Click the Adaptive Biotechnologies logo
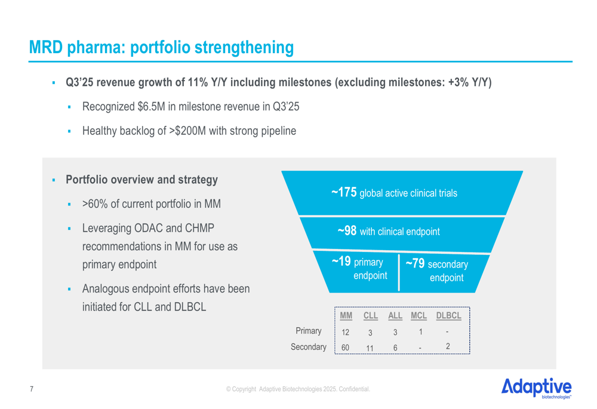click(x=537, y=386)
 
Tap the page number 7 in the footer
click(x=32, y=389)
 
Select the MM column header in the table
click(x=346, y=316)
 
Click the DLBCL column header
click(x=448, y=316)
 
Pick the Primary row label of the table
click(x=309, y=331)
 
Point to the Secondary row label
click(x=309, y=346)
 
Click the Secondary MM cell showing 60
click(x=345, y=347)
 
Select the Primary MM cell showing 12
click(x=345, y=332)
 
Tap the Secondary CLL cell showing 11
click(x=370, y=347)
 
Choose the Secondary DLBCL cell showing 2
click(x=448, y=346)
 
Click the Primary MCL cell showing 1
click(x=420, y=331)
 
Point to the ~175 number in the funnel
click(x=344, y=192)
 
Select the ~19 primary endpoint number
click(x=341, y=262)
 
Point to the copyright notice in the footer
click(x=298, y=389)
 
